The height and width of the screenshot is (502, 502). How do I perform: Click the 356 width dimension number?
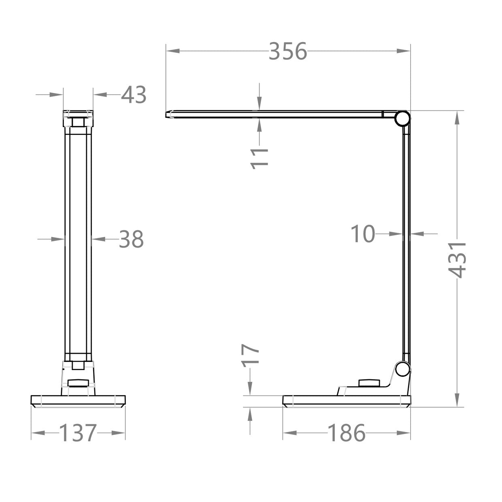(x=288, y=51)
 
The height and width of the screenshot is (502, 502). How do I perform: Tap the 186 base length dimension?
(x=346, y=433)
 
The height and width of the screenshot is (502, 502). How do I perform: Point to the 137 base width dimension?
(x=78, y=433)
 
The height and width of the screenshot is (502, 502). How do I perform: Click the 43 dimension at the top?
(x=134, y=95)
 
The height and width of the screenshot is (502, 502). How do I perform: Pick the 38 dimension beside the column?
(x=131, y=239)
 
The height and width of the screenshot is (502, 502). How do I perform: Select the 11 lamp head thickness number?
(x=260, y=158)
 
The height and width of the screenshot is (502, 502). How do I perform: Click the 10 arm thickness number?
(x=363, y=234)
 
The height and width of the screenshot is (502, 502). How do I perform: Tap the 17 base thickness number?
(x=251, y=355)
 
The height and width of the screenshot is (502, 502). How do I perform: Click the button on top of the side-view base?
(x=368, y=383)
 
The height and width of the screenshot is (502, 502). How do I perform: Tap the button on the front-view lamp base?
(x=78, y=383)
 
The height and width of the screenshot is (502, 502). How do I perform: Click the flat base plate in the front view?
(x=78, y=401)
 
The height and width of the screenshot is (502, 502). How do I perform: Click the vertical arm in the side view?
(x=406, y=243)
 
